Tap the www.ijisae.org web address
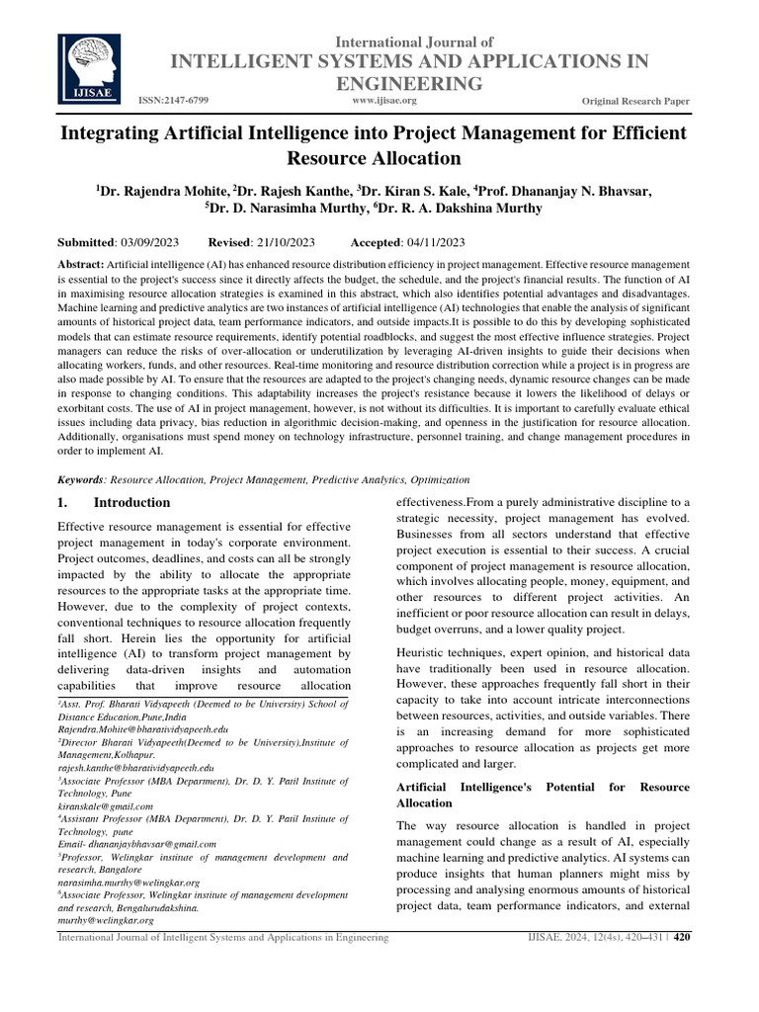(x=384, y=101)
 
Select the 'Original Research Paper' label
(x=636, y=103)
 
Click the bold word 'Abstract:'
(x=81, y=266)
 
